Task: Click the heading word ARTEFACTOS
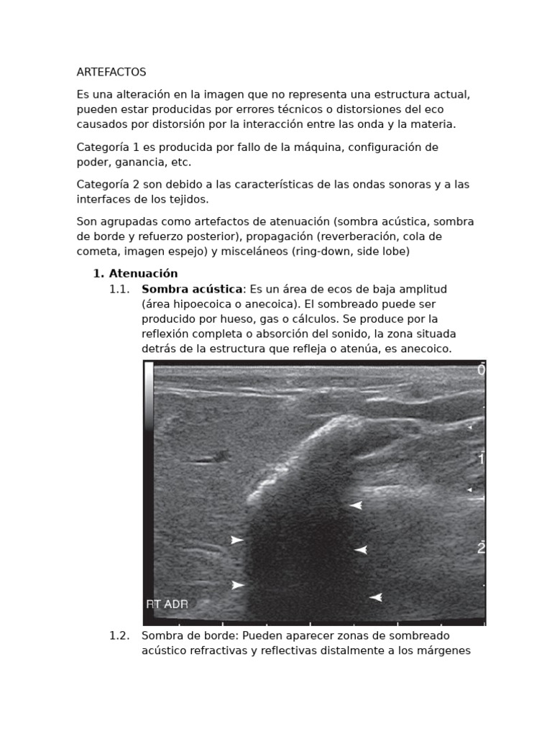coord(111,72)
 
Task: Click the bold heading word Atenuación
coord(143,274)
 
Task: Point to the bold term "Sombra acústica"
coord(192,289)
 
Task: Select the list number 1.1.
coord(119,289)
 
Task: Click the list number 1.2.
coord(119,636)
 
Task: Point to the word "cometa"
coord(96,252)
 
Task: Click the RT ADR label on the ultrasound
coord(167,604)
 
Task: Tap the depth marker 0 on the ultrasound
coord(481,370)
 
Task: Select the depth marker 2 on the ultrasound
coord(481,548)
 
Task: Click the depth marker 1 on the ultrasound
coord(481,459)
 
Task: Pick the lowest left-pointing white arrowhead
coord(375,597)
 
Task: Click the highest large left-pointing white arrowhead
coord(355,506)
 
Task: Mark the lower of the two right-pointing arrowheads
coord(237,585)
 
